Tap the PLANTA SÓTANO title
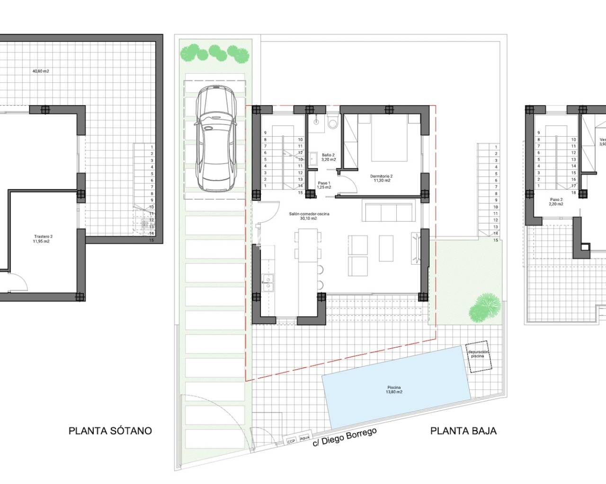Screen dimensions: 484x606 [x=110, y=431]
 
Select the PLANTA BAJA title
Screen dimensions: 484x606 [x=463, y=431]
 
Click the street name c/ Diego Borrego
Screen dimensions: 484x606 [x=345, y=440]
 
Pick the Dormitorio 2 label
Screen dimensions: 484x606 [x=381, y=178]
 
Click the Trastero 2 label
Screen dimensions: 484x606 [x=43, y=239]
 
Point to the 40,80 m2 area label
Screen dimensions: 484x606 [x=41, y=71]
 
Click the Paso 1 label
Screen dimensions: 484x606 [x=324, y=185]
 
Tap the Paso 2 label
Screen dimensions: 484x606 [x=556, y=202]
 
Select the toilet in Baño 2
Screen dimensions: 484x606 [x=332, y=122]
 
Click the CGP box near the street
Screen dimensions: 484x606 [x=291, y=441]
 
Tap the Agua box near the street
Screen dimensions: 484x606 [x=305, y=438]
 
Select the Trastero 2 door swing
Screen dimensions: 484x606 [x=18, y=283]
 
